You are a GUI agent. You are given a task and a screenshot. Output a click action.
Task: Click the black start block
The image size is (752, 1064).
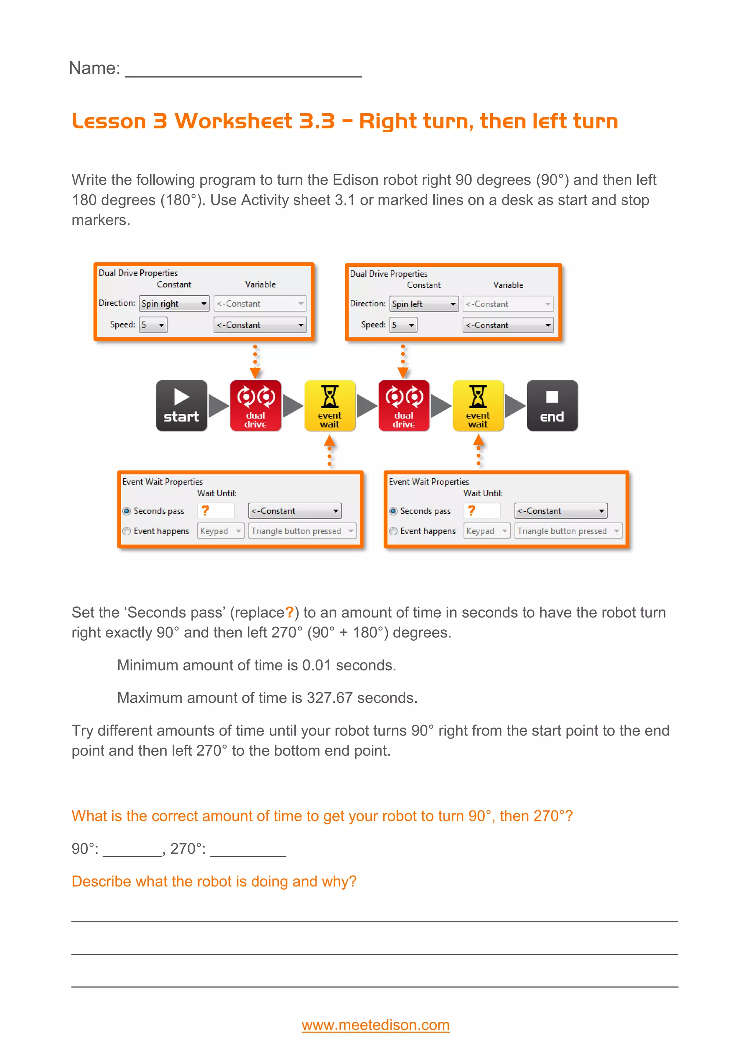(x=181, y=406)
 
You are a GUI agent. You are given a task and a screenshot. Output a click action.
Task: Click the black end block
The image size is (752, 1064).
(x=552, y=406)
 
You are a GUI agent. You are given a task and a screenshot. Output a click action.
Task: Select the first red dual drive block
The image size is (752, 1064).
(x=256, y=406)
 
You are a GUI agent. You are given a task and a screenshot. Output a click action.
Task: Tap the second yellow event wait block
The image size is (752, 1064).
(x=478, y=406)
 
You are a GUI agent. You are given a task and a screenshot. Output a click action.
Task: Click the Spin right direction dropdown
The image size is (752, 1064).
(x=174, y=303)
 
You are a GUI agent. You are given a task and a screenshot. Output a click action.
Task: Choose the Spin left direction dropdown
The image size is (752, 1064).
(x=424, y=304)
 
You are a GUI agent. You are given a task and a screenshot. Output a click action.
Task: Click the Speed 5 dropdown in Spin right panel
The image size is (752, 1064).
(x=153, y=325)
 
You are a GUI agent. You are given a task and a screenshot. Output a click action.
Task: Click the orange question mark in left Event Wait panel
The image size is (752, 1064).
(x=205, y=510)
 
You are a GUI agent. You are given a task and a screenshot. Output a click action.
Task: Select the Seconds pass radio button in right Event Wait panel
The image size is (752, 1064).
(x=393, y=511)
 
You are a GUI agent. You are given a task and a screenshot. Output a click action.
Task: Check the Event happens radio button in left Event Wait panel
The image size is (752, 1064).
(x=126, y=531)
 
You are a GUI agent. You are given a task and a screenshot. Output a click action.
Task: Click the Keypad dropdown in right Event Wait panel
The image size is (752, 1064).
(x=486, y=531)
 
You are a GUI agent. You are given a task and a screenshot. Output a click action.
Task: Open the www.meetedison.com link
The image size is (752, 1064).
(x=376, y=1025)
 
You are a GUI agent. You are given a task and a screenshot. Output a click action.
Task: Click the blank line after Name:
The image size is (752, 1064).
(x=243, y=69)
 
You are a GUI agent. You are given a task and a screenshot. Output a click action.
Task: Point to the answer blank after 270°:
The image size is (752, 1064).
(x=248, y=850)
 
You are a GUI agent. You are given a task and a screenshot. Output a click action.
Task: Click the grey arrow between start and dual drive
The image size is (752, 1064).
(x=218, y=406)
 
